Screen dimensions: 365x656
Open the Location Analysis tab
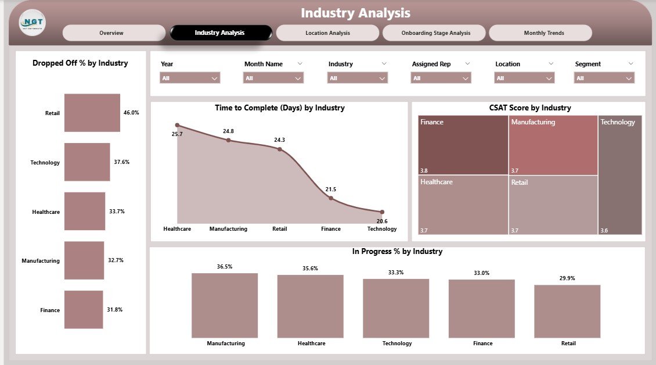click(327, 33)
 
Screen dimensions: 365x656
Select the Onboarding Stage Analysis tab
click(435, 33)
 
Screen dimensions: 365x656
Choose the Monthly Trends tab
click(540, 33)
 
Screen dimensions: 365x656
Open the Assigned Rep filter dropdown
click(441, 78)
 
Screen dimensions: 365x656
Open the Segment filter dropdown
click(604, 78)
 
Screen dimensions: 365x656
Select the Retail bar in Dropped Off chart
click(92, 113)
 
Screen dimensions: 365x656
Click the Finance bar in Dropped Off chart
click(84, 310)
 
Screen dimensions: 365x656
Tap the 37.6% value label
click(121, 162)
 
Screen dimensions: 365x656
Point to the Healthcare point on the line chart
click(178, 125)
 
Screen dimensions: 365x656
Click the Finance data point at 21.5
click(331, 198)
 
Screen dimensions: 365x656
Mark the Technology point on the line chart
click(382, 212)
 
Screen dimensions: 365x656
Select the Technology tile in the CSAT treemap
click(620, 174)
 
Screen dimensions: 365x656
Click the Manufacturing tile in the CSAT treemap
click(553, 145)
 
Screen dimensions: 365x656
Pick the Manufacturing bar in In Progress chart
click(225, 305)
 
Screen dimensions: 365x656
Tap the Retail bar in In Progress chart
click(567, 311)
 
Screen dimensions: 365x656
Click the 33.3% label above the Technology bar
click(396, 273)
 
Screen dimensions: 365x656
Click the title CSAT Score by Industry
click(529, 108)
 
